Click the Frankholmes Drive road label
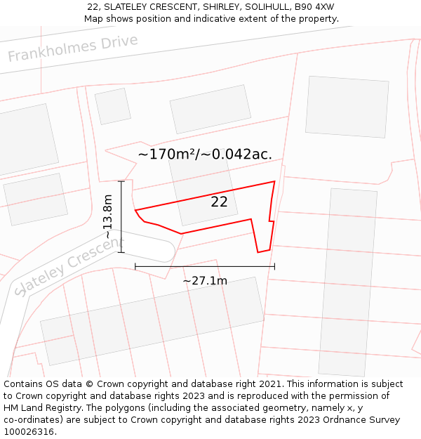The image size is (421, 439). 73,48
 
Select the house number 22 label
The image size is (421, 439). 219,202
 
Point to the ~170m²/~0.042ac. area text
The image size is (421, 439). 205,154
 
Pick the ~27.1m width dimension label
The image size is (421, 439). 205,281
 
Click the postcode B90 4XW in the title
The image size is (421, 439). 314,7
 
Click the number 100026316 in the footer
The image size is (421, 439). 29,432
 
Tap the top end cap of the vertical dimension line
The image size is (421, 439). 121,181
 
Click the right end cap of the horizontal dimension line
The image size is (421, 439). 274,266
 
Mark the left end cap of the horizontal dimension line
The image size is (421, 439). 135,266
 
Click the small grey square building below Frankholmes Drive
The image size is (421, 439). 112,106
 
